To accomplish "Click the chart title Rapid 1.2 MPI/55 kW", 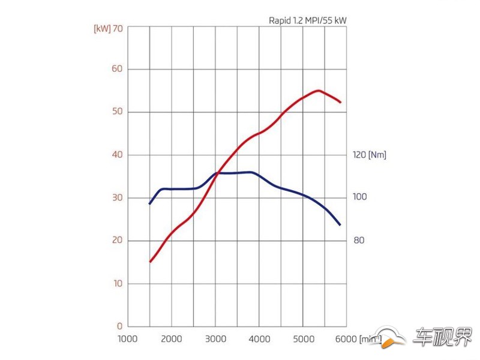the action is (x=308, y=20).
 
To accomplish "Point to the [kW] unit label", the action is (x=102, y=29).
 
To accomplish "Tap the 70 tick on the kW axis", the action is (x=118, y=28).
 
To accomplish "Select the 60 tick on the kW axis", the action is (x=117, y=68).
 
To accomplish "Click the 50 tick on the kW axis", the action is (x=117, y=112).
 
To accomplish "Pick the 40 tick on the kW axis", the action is (x=117, y=155).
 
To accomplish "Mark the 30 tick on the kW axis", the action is (x=117, y=197).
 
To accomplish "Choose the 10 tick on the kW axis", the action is (x=118, y=283).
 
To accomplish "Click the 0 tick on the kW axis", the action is (x=119, y=326).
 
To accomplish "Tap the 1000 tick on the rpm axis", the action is (x=128, y=339).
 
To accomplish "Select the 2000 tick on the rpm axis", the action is (x=172, y=339).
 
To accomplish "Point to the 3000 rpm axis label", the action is (x=215, y=339).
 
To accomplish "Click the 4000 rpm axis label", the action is (x=259, y=339).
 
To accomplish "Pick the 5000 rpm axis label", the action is (x=304, y=339).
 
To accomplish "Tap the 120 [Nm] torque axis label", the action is (x=370, y=155).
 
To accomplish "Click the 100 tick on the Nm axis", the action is (x=359, y=197).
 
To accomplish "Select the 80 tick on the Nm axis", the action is (x=359, y=241).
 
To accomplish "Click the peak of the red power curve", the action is (x=319, y=91).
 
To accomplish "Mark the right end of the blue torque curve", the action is (x=340, y=224).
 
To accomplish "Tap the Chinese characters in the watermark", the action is (x=443, y=337).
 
